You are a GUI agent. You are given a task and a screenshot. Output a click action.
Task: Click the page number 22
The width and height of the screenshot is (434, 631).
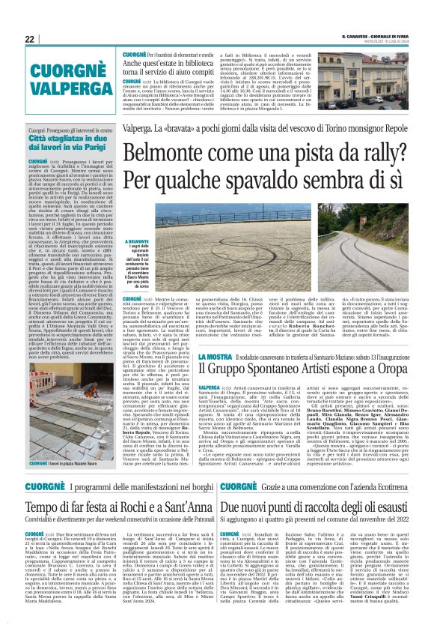pos(30,39)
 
